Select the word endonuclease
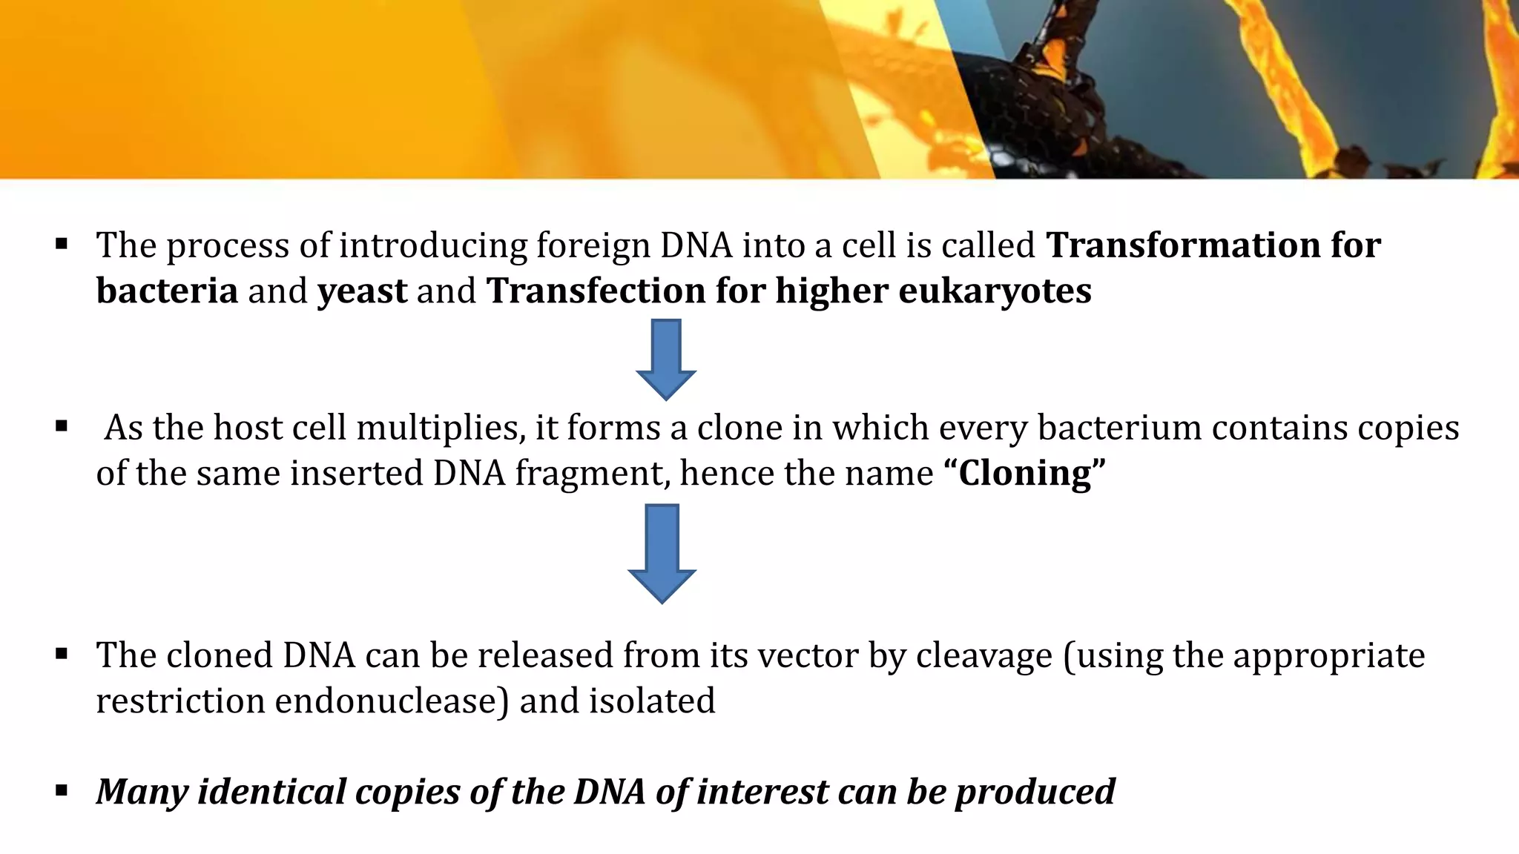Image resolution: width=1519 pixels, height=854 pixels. tap(386, 701)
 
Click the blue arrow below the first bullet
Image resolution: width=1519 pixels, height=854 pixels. tap(666, 359)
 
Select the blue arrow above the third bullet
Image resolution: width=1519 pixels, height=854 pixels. tap(662, 552)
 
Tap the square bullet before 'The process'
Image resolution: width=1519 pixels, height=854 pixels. tap(62, 243)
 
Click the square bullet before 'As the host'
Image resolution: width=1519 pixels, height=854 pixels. tap(62, 426)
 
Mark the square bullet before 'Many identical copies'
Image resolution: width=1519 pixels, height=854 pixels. tap(62, 790)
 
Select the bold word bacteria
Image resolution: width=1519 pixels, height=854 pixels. tap(167, 291)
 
